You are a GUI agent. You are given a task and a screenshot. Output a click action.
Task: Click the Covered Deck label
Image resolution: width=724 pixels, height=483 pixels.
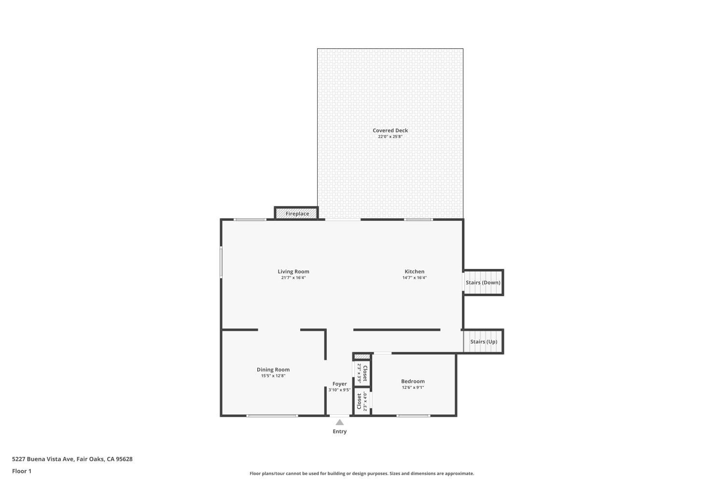390,130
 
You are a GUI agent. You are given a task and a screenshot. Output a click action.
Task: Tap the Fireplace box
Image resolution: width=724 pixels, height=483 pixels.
296,213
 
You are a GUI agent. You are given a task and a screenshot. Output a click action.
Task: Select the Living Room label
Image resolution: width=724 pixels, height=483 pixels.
293,271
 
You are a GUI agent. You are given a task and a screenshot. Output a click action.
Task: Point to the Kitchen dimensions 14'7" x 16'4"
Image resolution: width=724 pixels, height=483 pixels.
414,278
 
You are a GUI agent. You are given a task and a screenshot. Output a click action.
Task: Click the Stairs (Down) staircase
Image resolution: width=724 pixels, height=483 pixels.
483,283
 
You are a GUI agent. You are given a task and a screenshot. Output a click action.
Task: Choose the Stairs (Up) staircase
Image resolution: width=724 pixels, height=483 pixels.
483,341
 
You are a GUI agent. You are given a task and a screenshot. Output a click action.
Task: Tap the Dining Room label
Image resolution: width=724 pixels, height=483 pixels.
273,369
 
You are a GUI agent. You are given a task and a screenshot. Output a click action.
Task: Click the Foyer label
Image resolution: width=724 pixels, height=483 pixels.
339,384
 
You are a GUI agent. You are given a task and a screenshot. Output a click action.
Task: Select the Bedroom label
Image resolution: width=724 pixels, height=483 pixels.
413,381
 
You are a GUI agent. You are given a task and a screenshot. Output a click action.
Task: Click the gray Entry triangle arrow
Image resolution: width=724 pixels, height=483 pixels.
339,422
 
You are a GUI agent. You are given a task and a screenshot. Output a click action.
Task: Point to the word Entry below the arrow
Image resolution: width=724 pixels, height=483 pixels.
339,431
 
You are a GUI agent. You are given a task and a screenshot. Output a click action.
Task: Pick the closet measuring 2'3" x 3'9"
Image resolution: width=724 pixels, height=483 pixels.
362,373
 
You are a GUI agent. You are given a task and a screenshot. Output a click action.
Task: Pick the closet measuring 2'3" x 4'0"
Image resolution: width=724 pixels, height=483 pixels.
362,401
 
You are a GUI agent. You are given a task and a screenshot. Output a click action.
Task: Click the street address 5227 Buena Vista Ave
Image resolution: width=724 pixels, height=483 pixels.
43,459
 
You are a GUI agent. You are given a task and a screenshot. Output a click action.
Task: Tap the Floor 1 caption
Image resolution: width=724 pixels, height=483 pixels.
22,471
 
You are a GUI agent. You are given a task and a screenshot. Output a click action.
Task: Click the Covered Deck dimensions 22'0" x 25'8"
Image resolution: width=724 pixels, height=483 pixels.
390,137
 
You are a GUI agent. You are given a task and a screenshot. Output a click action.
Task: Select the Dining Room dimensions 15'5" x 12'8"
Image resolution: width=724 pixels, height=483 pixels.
273,376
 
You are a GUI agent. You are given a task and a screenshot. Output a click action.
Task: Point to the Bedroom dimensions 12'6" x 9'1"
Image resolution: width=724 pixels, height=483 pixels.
413,387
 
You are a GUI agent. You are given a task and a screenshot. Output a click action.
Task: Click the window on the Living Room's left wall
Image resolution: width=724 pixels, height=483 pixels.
221,262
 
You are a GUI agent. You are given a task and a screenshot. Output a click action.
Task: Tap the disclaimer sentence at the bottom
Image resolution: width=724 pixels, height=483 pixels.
362,473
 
